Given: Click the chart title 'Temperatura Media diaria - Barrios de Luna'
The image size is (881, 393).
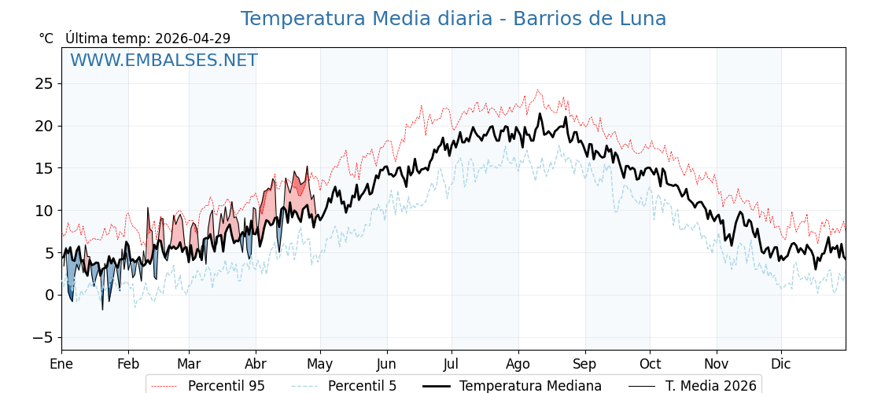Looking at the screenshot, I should [x=453, y=19].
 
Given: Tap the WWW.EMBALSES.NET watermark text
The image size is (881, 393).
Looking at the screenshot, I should [x=164, y=61].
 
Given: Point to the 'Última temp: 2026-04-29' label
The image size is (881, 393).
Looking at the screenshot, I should [x=148, y=39].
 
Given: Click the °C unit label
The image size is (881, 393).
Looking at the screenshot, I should [x=46, y=39].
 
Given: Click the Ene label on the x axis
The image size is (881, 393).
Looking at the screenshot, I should [x=61, y=364].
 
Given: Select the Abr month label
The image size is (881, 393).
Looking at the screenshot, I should [x=256, y=364].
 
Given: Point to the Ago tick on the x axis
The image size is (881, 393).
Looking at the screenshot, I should [x=518, y=364].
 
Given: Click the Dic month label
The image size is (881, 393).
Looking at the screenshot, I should [x=781, y=364].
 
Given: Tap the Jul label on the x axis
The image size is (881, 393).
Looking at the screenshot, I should [x=452, y=364].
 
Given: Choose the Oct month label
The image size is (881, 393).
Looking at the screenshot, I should [x=650, y=364].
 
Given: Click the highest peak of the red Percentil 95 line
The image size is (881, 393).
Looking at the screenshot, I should [x=538, y=90].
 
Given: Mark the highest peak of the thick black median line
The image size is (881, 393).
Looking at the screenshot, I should [x=540, y=113].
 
